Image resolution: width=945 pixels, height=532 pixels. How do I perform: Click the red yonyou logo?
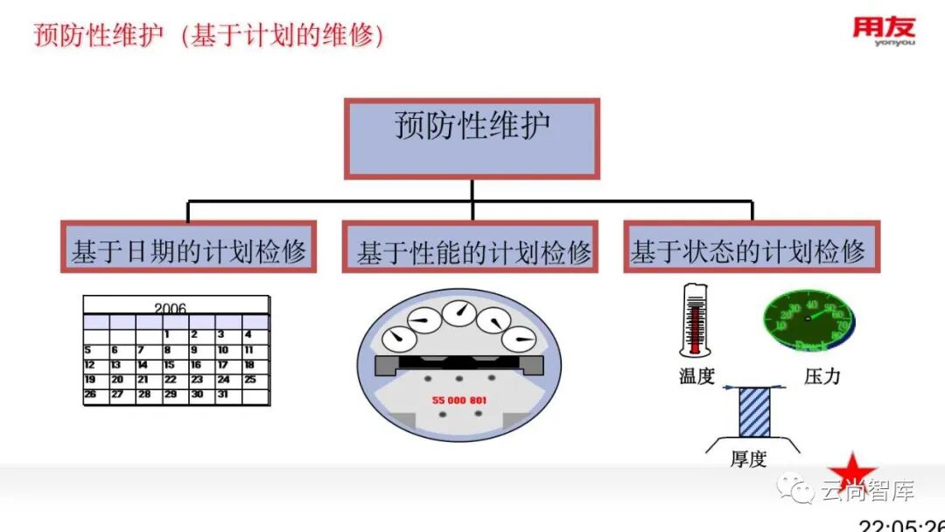pyautogui.click(x=884, y=31)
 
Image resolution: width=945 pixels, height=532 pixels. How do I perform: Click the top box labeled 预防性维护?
pyautogui.click(x=472, y=138)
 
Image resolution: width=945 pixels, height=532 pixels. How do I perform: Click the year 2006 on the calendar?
pyautogui.click(x=171, y=308)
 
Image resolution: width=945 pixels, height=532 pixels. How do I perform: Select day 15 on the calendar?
pyautogui.click(x=169, y=365)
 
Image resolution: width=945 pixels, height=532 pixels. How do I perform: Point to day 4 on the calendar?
pyautogui.click(x=248, y=334)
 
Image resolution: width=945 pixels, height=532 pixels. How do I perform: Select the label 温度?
pyautogui.click(x=697, y=376)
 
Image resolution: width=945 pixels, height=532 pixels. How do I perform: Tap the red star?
pyautogui.click(x=852, y=472)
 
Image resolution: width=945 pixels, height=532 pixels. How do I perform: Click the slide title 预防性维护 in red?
pyautogui.click(x=99, y=35)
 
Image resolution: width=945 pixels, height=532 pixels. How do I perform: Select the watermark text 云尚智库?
pyautogui.click(x=867, y=492)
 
